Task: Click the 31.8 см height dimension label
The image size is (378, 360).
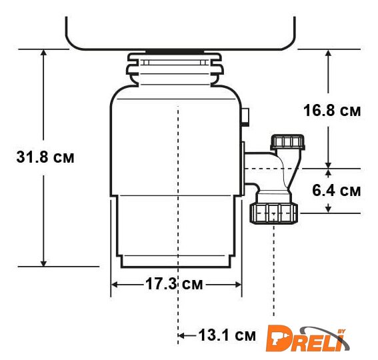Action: (x=45, y=157)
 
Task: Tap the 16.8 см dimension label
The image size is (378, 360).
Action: (x=332, y=111)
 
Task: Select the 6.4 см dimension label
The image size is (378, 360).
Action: (x=336, y=190)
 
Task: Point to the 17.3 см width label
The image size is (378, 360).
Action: (x=174, y=283)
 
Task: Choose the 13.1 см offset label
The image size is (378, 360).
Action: (x=227, y=335)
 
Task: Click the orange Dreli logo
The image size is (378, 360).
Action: (x=307, y=339)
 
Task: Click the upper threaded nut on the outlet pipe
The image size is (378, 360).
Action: (x=287, y=142)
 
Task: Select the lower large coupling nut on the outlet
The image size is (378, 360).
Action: (x=273, y=213)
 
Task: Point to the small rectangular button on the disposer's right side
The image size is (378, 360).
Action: (x=245, y=117)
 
